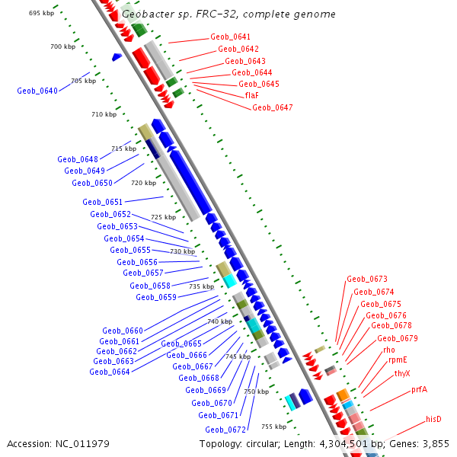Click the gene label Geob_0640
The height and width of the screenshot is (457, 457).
(37, 91)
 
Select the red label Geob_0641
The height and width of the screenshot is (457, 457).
(230, 37)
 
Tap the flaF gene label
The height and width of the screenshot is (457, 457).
(252, 95)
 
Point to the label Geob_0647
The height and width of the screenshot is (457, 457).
(272, 107)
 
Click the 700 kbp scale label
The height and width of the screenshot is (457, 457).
(63, 47)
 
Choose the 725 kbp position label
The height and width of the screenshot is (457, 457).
(164, 217)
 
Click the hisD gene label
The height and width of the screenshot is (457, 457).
(434, 419)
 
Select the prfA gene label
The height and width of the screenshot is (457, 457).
(420, 389)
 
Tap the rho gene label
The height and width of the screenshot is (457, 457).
(389, 350)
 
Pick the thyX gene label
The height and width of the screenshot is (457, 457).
(402, 373)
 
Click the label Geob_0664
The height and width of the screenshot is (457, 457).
(109, 372)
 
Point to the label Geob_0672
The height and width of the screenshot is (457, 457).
(225, 430)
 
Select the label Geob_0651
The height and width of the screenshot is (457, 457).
(102, 202)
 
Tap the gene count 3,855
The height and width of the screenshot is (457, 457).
(436, 443)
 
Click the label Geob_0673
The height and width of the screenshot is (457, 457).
(367, 280)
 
